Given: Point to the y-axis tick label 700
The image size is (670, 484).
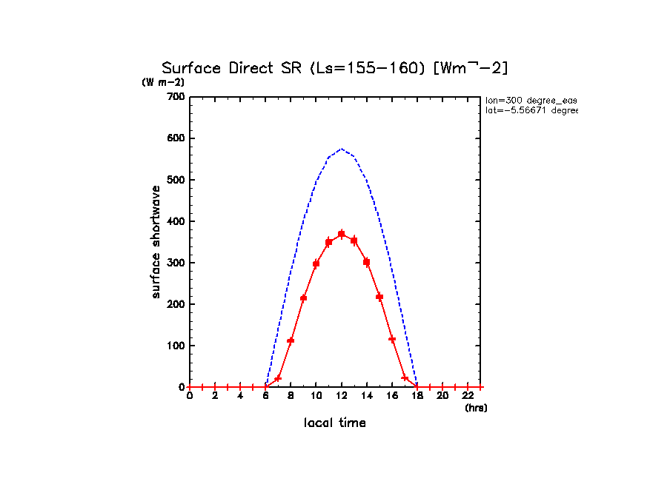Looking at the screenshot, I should tap(176, 97).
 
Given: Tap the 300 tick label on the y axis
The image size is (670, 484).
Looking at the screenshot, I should tap(176, 221).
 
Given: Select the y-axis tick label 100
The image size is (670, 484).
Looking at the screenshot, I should tap(176, 346).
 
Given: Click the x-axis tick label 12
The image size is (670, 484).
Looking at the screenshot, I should tap(341, 396).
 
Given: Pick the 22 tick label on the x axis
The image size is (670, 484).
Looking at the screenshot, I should tap(468, 396).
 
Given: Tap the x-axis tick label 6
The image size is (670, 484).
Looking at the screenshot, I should tap(265, 396).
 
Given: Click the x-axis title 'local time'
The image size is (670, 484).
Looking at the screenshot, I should tap(334, 423).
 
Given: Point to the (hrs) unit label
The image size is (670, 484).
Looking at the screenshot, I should tap(475, 408).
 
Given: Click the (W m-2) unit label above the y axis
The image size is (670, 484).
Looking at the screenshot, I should tap(163, 82).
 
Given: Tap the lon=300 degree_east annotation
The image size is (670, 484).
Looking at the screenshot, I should tap(531, 99).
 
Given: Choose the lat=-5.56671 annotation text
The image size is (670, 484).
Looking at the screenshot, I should tap(531, 110).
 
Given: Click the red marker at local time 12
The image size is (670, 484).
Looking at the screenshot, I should tap(341, 234).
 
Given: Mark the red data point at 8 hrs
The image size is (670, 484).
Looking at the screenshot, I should tap(291, 340).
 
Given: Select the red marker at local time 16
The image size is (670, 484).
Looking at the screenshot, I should tap(392, 339).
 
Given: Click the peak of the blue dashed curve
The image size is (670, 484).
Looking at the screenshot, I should tap(341, 149).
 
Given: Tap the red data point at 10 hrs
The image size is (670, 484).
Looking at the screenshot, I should tap(316, 263).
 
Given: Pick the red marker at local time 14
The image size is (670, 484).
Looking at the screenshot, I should tap(366, 262).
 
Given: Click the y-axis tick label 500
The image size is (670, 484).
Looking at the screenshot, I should tap(176, 180).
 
